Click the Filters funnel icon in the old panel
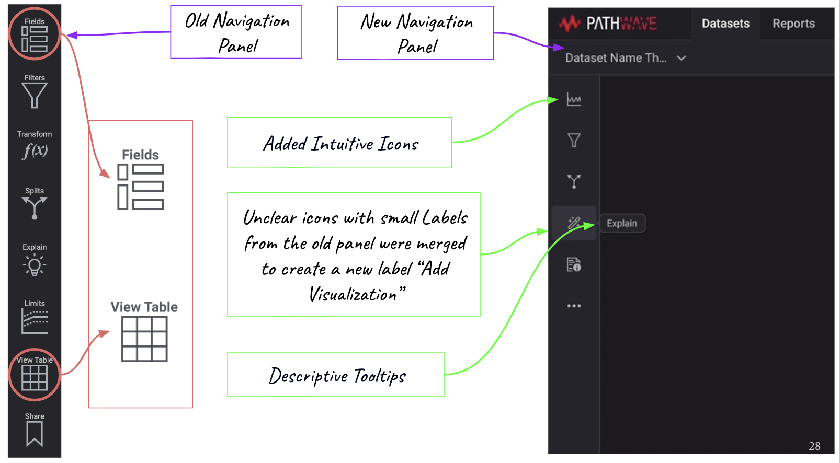coord(35,95)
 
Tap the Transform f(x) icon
coord(35,151)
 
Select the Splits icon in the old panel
coord(35,207)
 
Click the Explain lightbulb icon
coord(35,265)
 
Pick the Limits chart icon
coord(35,320)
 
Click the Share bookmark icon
coord(35,434)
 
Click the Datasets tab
coord(725,24)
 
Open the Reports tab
coord(793,24)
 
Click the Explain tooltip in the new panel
coord(622,223)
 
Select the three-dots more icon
coord(574,306)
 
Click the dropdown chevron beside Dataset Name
coord(681,58)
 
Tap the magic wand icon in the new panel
coord(574,223)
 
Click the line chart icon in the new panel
coord(574,99)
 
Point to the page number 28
coord(814,446)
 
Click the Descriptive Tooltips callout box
coord(335,375)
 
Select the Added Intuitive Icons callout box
coord(339,143)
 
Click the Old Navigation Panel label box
coord(236,32)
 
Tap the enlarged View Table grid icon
coord(144,339)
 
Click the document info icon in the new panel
coord(574,265)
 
